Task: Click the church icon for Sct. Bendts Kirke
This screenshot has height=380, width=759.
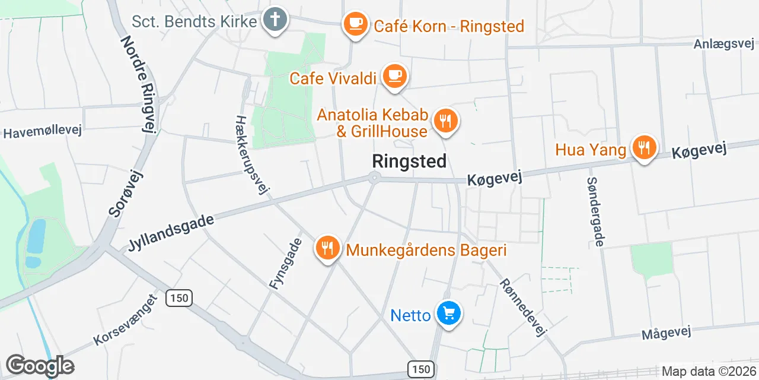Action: coord(274,20)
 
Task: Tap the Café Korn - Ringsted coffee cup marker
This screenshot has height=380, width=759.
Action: coord(356,24)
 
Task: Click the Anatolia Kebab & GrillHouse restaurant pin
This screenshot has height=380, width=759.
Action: coord(445,122)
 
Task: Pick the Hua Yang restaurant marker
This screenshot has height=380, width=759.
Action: coord(643,147)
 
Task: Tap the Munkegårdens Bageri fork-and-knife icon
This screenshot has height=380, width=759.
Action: coord(327,247)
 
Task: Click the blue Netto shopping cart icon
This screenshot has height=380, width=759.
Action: coord(448,313)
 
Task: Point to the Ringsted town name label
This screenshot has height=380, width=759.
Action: coord(409,161)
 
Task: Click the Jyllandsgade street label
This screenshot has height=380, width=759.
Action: coord(171,232)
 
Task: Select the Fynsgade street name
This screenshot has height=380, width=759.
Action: coord(286,264)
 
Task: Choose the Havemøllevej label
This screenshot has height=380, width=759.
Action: coord(42,132)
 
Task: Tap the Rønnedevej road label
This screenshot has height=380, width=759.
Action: coord(522,308)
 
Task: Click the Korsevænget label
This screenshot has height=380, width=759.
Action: coord(124,319)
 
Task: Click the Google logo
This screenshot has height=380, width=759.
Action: coord(40,366)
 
